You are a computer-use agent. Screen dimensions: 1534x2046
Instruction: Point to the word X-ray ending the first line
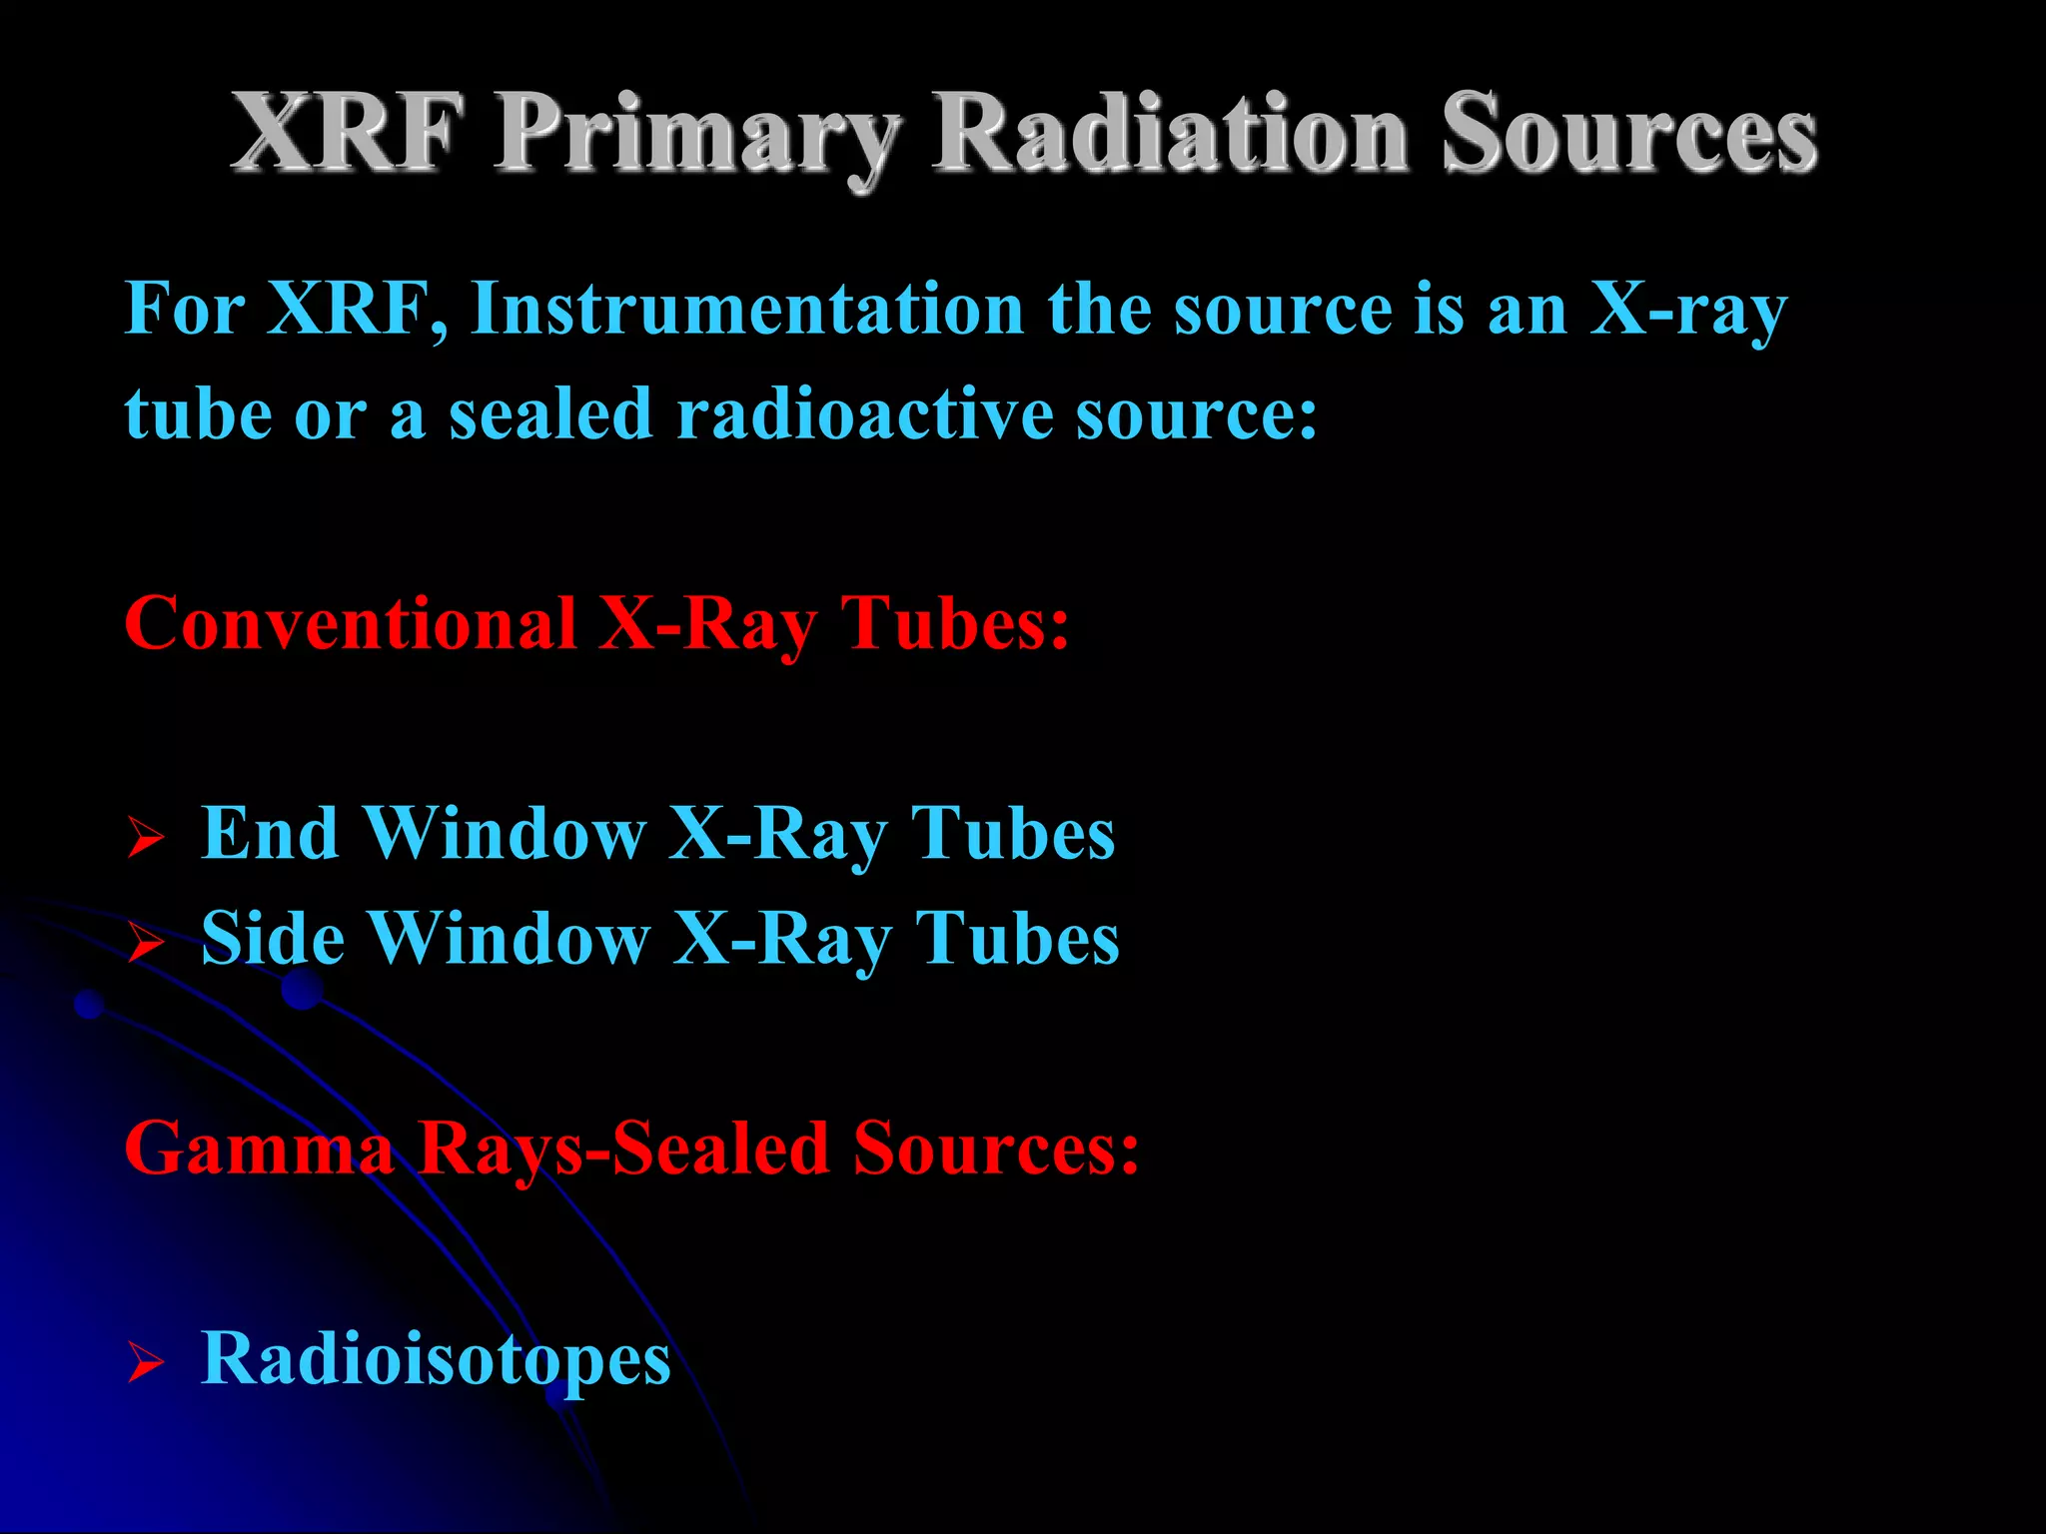tap(1687, 310)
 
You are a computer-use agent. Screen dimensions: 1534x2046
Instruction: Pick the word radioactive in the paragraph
tap(865, 413)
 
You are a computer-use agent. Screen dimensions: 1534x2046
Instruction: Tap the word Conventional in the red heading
tap(351, 623)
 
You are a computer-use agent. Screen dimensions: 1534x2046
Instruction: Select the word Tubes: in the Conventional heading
tap(955, 623)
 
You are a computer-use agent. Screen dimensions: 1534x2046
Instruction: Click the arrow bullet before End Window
tap(145, 838)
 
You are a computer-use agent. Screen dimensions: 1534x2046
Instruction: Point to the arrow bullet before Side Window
tap(145, 942)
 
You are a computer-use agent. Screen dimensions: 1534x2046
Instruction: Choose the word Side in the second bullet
tap(273, 939)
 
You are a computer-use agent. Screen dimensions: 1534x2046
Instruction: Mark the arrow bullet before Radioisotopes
tap(145, 1362)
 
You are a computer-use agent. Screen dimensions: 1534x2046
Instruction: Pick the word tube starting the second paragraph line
tap(197, 413)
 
